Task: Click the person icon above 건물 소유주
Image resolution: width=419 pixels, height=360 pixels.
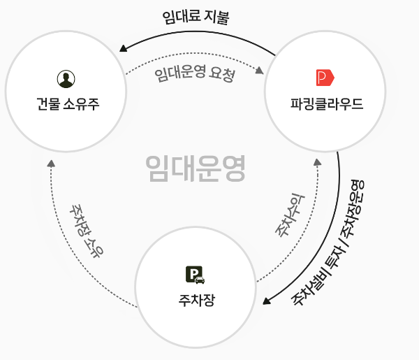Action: click(x=66, y=79)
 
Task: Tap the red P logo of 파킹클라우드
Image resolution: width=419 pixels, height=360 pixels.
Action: click(x=325, y=78)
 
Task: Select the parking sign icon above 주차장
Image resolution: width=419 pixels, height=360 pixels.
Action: click(x=196, y=275)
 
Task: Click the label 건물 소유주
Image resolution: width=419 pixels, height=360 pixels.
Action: click(x=68, y=103)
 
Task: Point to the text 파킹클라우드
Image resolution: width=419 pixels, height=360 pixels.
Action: click(x=327, y=103)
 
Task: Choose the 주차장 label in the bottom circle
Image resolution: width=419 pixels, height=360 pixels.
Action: click(x=197, y=300)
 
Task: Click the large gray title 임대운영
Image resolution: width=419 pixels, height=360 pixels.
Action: click(x=196, y=168)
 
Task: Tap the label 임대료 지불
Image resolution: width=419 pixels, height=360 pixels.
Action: click(x=196, y=17)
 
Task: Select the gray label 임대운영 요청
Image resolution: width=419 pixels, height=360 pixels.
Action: click(x=195, y=74)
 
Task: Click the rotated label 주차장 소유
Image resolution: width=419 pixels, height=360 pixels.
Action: click(x=86, y=231)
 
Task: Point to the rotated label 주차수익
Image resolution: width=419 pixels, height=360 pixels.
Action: click(x=291, y=215)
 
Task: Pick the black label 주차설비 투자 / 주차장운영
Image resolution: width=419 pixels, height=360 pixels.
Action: click(x=328, y=243)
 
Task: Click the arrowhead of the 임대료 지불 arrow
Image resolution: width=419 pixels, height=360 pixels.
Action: click(x=123, y=48)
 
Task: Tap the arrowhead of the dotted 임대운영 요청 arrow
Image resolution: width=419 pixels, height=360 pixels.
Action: click(x=260, y=71)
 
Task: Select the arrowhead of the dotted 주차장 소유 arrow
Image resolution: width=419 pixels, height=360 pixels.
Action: click(x=51, y=164)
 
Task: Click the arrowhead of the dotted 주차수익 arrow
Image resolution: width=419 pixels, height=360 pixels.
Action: click(x=318, y=162)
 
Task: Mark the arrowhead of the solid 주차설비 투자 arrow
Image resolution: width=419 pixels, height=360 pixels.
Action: click(x=267, y=301)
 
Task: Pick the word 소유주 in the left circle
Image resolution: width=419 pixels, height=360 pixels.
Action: click(x=81, y=103)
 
